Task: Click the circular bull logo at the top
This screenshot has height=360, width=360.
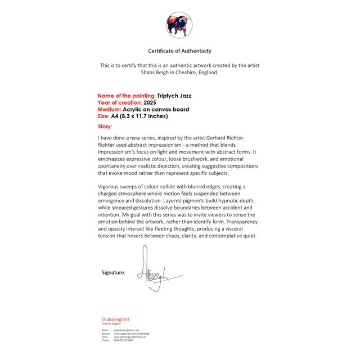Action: (179, 25)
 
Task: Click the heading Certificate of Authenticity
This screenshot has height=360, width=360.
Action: (179, 51)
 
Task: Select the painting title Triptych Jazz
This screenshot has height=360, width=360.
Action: (174, 96)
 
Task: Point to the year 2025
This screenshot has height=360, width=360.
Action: (150, 102)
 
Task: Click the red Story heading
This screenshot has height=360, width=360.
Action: (105, 127)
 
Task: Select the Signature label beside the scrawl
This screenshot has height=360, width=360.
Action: (113, 272)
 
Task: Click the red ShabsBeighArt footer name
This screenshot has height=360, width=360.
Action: (116, 319)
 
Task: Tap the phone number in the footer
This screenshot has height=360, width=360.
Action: (123, 340)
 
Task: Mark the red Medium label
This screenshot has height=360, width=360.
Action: (109, 109)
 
